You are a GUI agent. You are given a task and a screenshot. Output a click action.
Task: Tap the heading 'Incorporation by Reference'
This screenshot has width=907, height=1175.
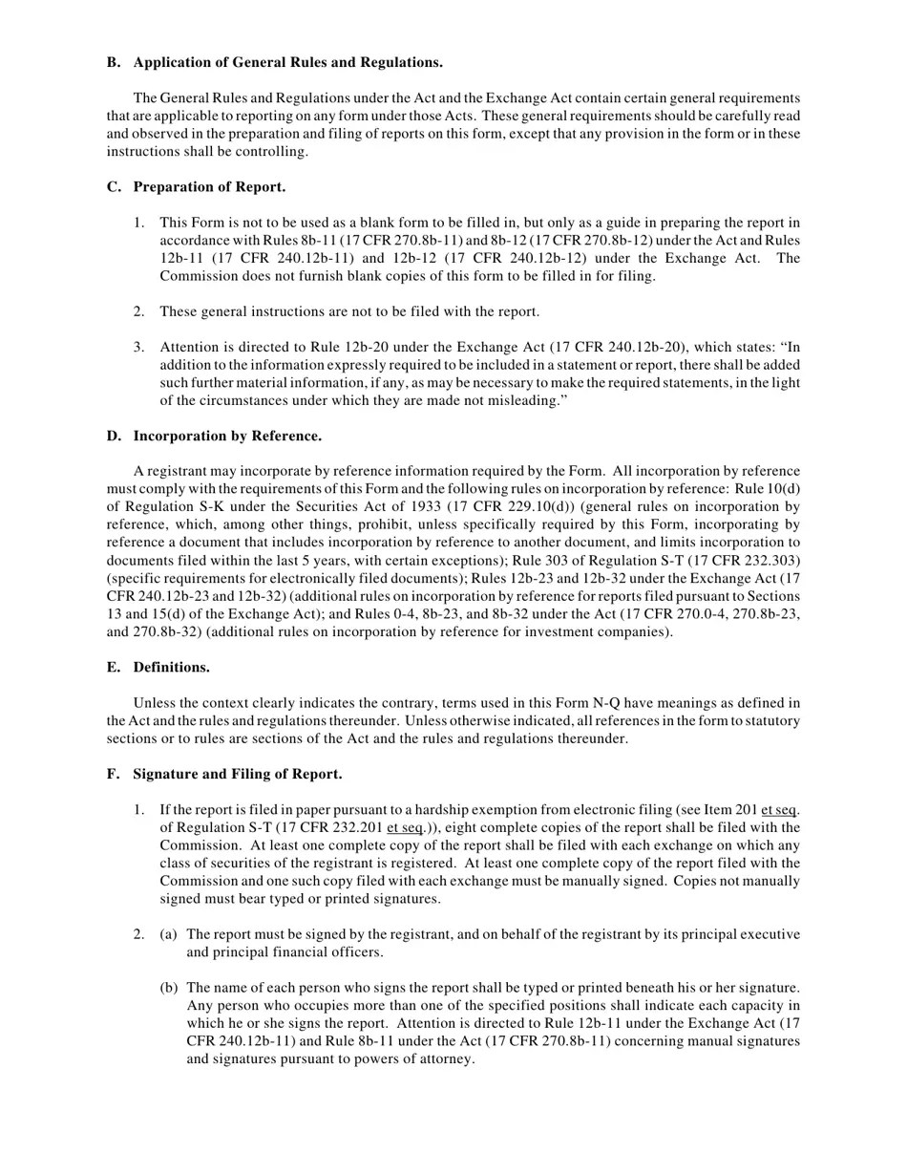click(x=226, y=437)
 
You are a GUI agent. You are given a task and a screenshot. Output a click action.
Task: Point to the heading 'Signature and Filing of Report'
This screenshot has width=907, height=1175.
click(x=237, y=774)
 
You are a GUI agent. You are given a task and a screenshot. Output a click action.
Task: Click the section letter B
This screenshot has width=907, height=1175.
click(x=113, y=63)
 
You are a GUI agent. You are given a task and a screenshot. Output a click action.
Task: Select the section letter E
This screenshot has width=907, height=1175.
click(x=113, y=667)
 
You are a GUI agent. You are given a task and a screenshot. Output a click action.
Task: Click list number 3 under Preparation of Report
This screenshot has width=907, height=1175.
click(x=138, y=348)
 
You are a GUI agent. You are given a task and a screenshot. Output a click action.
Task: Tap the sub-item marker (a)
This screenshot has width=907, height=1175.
click(x=168, y=935)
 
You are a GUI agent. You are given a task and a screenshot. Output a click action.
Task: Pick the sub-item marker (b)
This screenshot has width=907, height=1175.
click(x=168, y=988)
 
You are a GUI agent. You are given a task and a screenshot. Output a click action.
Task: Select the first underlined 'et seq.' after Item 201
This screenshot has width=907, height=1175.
click(x=781, y=810)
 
